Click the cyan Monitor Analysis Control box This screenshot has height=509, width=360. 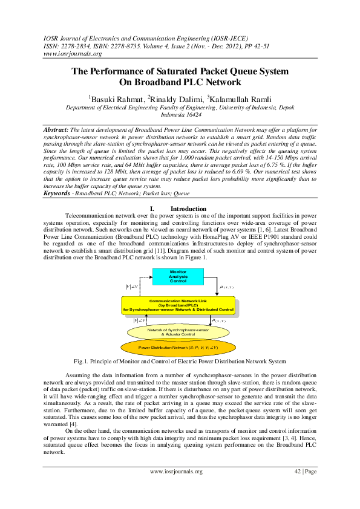pos(178,277)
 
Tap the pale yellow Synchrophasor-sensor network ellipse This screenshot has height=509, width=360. pos(178,332)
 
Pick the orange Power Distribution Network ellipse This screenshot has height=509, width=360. pos(178,348)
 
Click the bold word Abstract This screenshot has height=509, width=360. pos(57,130)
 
